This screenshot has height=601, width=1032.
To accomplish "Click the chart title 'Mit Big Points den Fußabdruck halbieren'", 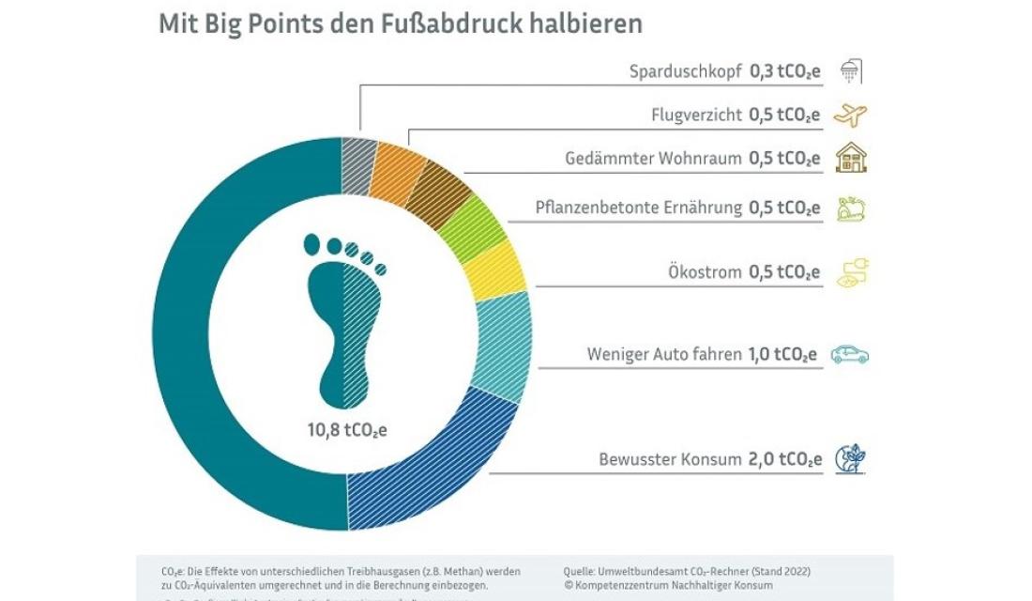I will (x=401, y=23).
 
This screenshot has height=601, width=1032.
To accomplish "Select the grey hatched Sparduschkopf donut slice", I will (x=357, y=165).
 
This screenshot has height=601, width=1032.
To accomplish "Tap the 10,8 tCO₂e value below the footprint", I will (x=347, y=431).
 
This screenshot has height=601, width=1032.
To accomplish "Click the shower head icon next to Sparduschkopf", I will (x=851, y=71).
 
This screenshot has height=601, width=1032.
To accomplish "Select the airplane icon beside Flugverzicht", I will (x=850, y=115).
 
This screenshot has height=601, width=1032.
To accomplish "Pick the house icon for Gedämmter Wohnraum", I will (x=851, y=157).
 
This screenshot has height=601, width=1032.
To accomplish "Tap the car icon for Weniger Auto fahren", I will (x=850, y=354).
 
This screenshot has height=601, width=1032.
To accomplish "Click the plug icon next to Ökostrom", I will (x=852, y=273).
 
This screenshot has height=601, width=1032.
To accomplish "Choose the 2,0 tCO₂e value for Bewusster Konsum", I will (x=784, y=459).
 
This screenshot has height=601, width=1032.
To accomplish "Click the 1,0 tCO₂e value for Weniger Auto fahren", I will (x=782, y=354).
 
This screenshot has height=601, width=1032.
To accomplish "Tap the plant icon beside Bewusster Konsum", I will (x=851, y=458).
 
